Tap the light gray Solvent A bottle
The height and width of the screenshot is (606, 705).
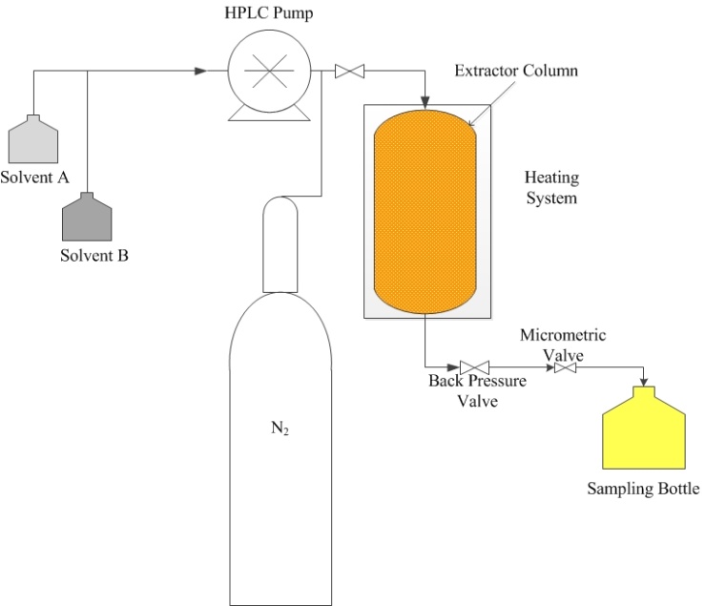32,141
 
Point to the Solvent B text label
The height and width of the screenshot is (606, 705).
94,256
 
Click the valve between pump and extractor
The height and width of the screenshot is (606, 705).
350,72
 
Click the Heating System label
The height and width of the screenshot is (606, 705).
551,188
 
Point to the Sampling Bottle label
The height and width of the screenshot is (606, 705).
643,490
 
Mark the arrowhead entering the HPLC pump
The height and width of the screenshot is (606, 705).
200,71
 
